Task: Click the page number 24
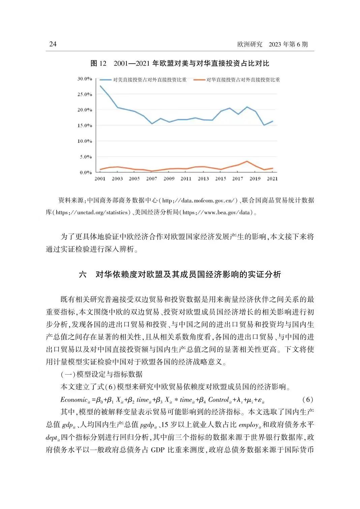[53, 44]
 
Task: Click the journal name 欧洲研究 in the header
[250, 44]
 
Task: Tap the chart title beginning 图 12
[180, 63]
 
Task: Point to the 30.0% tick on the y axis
[85, 79]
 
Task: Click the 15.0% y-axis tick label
[85, 126]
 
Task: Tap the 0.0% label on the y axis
[86, 172]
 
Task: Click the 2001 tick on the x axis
[100, 179]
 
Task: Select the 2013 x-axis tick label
[203, 179]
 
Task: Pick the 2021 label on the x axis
[272, 179]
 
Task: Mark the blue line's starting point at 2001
[100, 86]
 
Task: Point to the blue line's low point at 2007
[152, 124]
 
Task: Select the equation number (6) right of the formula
[307, 400]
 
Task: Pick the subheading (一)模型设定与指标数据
[101, 374]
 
